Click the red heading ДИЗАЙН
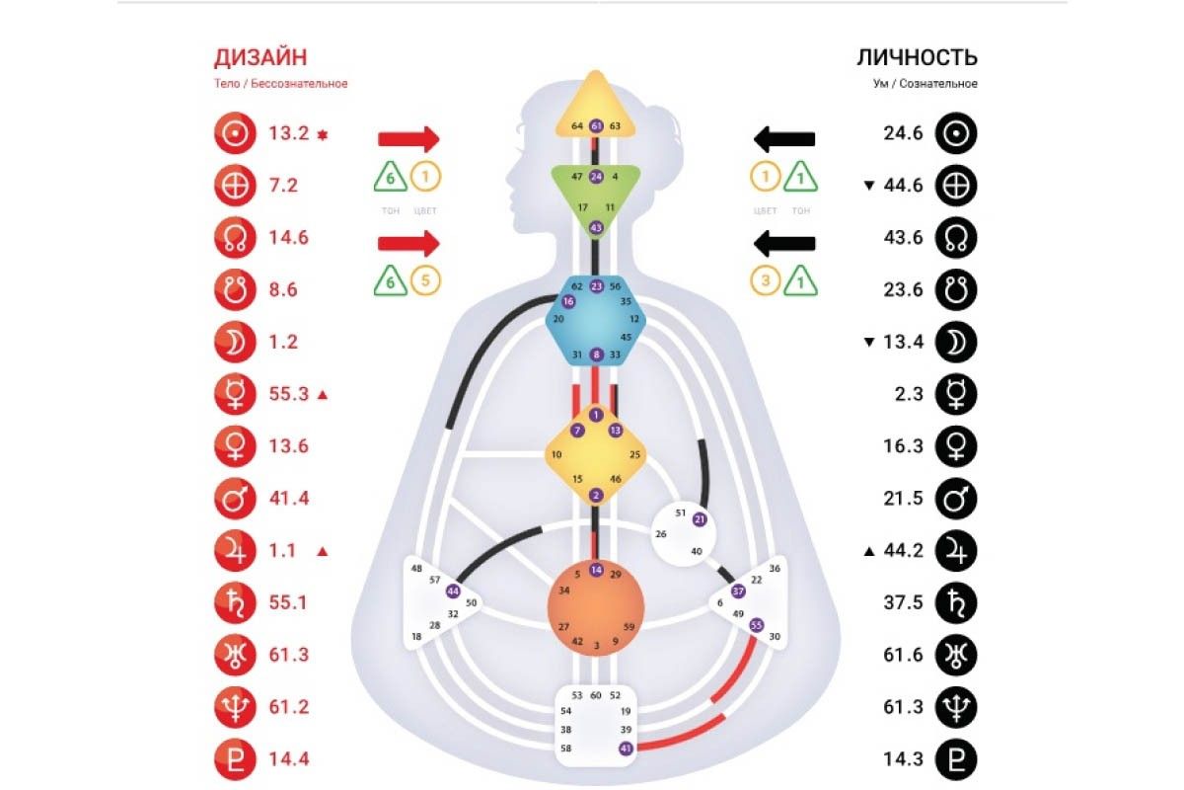pos(260,57)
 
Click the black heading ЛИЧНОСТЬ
pos(917,57)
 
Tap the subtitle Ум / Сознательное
pos(925,84)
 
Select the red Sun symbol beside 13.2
pos(235,133)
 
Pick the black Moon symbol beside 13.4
pos(956,342)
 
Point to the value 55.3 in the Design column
pos(288,394)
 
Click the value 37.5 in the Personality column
pos(903,602)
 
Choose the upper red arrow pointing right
pos(408,139)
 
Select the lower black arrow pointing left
pos(784,243)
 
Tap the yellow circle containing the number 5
pos(425,280)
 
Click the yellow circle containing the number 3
pos(765,280)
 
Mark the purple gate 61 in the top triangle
pos(596,126)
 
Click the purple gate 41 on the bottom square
pos(626,749)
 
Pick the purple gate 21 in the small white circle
pos(700,519)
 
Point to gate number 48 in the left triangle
pos(416,568)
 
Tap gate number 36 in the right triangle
pos(775,568)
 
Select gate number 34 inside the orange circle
pos(564,590)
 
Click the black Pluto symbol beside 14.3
pos(956,759)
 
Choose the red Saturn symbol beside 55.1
pos(235,602)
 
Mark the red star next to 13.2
pos(323,135)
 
